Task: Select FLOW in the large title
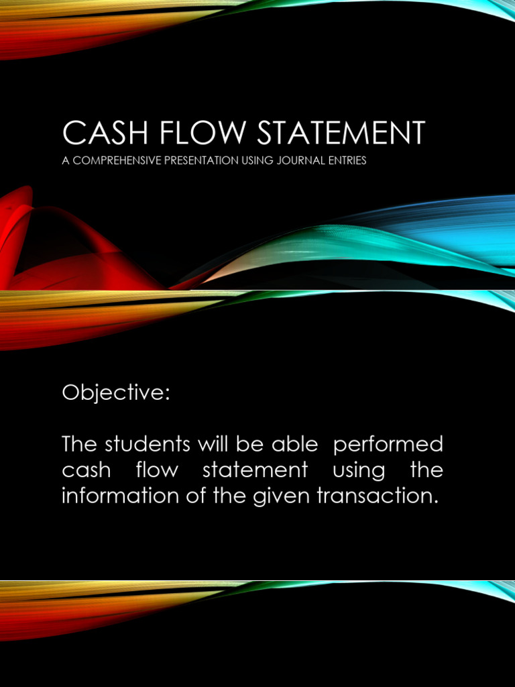click(190, 134)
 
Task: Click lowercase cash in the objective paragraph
click(87, 470)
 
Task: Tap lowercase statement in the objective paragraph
click(255, 470)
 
